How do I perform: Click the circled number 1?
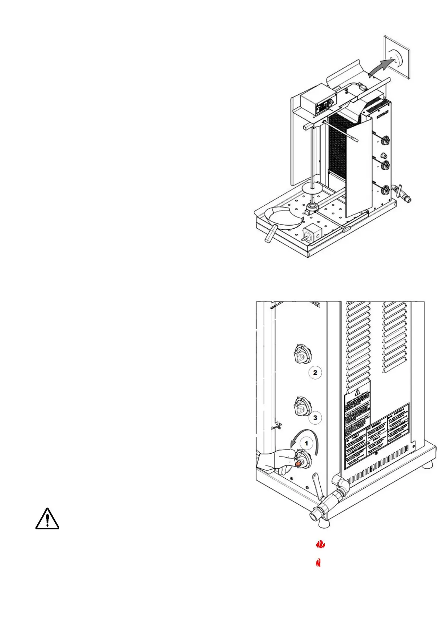pos(306,443)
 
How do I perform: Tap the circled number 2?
pos(315,373)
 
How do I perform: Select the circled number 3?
pos(315,418)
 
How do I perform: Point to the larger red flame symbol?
pos(320,545)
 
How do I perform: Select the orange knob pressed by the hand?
pos(299,463)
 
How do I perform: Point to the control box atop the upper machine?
pos(316,102)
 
